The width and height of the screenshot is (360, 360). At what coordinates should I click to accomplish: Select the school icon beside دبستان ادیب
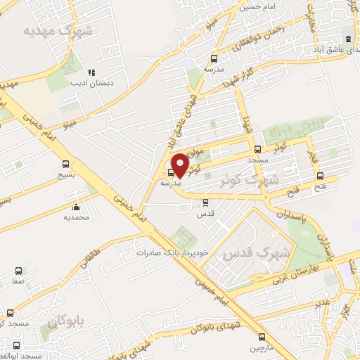[x=91, y=72]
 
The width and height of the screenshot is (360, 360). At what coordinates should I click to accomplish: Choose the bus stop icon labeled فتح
[x=321, y=176]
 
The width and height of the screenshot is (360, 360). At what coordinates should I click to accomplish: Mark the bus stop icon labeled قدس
[x=205, y=202]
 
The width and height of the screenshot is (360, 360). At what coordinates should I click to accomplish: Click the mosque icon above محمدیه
[x=76, y=207]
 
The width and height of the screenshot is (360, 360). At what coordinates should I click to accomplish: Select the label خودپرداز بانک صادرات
[x=164, y=252]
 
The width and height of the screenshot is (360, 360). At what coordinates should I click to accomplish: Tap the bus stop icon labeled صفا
[x=18, y=271]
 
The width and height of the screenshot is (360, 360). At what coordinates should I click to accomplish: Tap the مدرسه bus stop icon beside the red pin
[x=171, y=172]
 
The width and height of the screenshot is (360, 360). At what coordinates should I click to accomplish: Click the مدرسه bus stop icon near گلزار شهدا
[x=214, y=59]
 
